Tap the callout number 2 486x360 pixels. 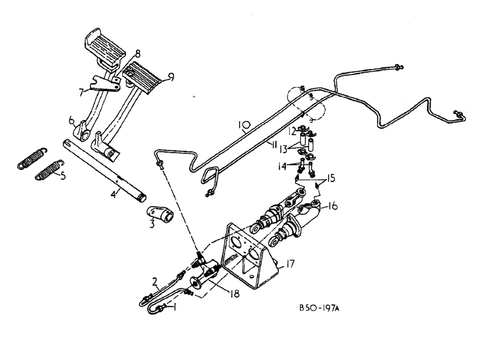(155, 281)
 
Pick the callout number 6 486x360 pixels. (71, 120)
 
